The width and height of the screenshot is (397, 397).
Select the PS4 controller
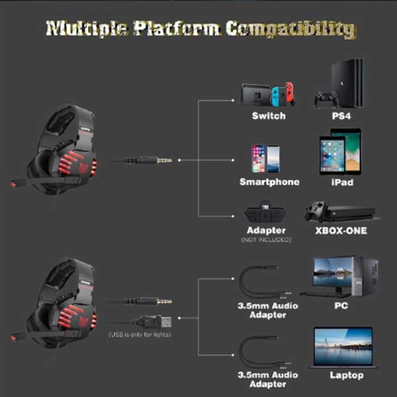pos(325,99)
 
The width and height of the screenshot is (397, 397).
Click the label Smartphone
pos(269,182)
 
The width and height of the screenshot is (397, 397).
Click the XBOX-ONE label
pos(340,231)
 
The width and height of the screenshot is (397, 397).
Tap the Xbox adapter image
pos(267,214)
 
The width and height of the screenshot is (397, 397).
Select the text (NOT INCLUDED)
pos(266,240)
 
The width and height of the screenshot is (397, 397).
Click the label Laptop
pos(347,375)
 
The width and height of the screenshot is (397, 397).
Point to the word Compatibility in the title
pos(291,29)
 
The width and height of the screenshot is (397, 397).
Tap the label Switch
pos(269,116)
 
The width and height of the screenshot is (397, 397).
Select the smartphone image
pos(265,159)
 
